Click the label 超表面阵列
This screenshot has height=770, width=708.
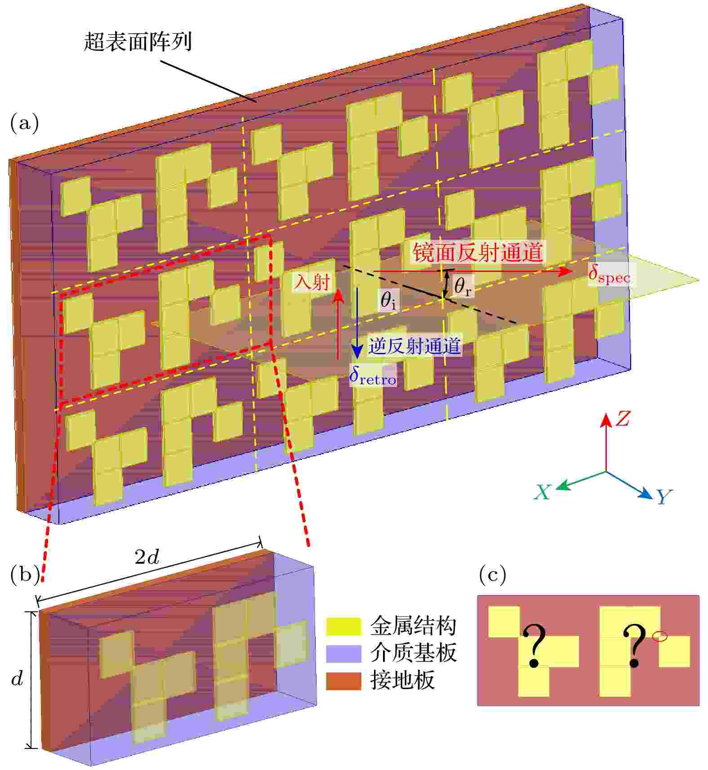138,42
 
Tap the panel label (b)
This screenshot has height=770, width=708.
24,575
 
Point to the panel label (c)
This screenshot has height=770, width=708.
493,574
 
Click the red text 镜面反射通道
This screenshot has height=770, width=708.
477,252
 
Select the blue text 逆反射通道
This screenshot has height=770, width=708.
414,346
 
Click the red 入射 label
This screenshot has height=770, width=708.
312,282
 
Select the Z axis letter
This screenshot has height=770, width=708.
623,419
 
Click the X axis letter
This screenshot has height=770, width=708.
542,492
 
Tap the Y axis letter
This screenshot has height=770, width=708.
663,497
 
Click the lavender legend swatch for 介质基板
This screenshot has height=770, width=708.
343,654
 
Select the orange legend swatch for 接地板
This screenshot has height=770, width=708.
343,681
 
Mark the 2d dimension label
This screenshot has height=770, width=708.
147,557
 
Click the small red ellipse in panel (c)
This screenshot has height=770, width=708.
659,636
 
